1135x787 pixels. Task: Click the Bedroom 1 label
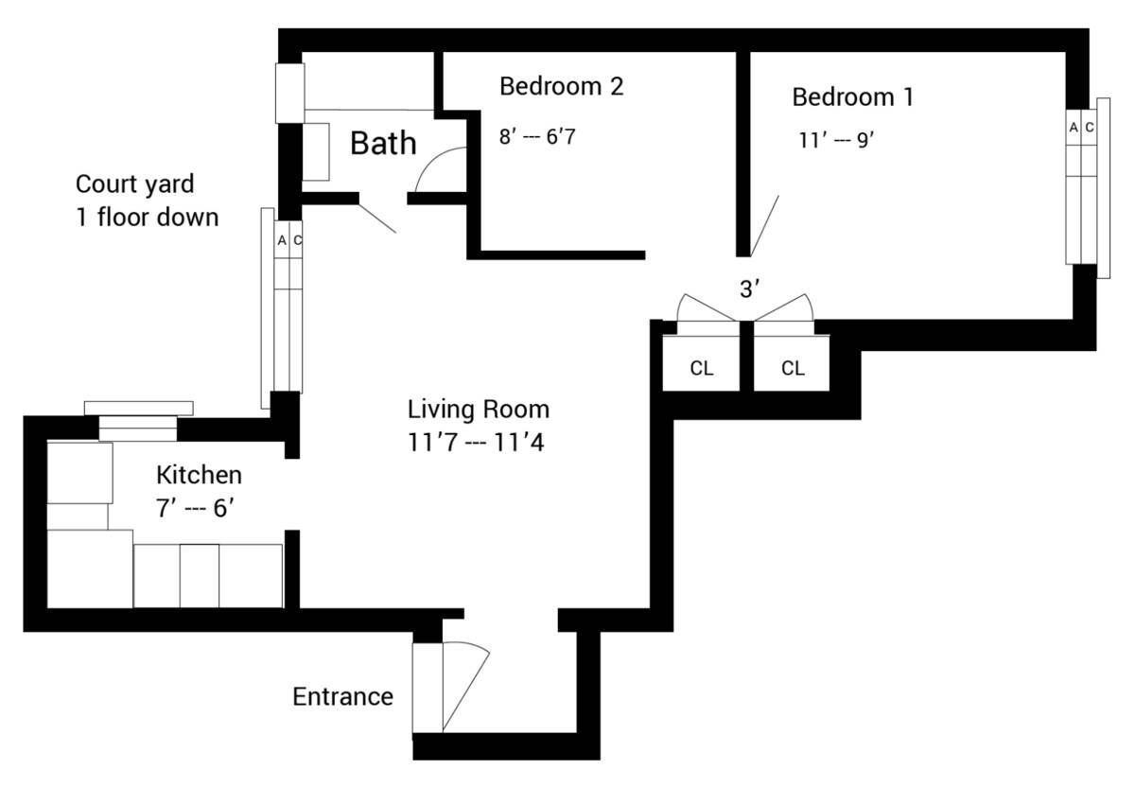point(853,96)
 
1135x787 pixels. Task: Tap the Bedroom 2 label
point(562,86)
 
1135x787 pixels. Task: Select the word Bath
point(383,143)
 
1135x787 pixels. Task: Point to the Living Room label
point(479,410)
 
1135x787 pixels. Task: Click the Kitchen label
point(200,476)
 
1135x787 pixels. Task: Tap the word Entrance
point(343,697)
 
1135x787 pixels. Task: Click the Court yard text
point(134,184)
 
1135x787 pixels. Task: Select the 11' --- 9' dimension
point(836,140)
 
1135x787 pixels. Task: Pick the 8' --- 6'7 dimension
point(537,137)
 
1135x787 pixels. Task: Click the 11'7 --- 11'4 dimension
point(476,443)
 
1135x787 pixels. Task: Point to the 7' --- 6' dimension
point(195,508)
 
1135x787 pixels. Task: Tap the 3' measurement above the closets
point(749,289)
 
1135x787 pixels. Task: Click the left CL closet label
point(702,368)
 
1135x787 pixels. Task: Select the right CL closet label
point(793,368)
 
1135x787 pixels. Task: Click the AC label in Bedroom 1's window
point(1081,127)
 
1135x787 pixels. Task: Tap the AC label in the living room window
point(289,240)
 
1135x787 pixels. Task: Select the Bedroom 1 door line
point(764,226)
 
